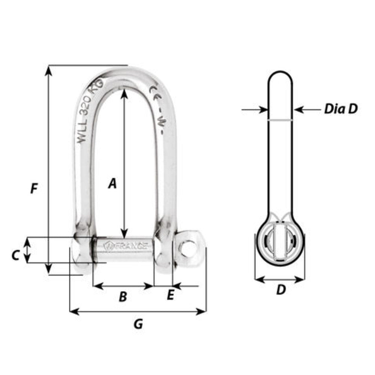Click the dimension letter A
tap(112, 184)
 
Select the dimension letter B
tap(123, 297)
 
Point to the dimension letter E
tap(170, 295)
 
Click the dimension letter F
tap(34, 189)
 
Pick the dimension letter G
tap(138, 324)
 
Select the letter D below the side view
tap(281, 290)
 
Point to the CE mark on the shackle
tap(154, 91)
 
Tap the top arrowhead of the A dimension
tap(124, 91)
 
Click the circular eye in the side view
tap(280, 243)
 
